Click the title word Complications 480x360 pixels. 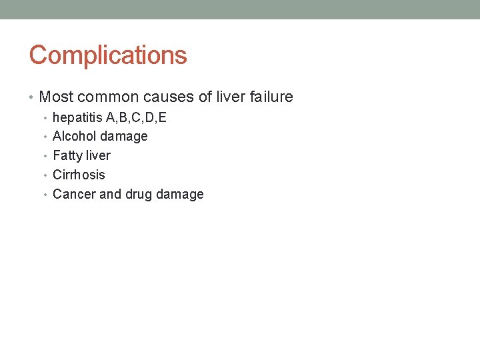pos(108,55)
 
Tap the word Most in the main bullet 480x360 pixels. pos(55,97)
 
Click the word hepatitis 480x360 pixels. pos(77,118)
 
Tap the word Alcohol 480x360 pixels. pos(74,137)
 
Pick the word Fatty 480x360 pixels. pos(68,156)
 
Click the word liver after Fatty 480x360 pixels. pos(99,156)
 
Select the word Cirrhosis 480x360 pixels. pos(79,175)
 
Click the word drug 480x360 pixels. pos(139,195)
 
